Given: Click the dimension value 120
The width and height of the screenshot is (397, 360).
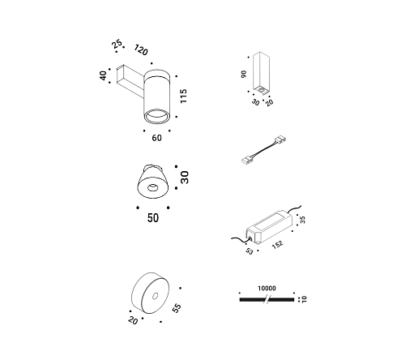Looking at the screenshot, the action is (x=141, y=49).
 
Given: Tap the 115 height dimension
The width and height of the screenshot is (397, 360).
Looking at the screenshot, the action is (x=184, y=96).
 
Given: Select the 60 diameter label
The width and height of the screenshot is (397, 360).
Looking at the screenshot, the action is (x=156, y=138).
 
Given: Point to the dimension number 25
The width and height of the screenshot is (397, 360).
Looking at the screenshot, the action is (x=117, y=44).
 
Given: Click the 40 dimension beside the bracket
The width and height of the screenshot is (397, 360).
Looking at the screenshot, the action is (x=103, y=75).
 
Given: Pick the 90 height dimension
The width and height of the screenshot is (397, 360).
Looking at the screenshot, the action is (x=244, y=74).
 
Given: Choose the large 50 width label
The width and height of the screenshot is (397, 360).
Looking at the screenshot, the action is (x=153, y=218).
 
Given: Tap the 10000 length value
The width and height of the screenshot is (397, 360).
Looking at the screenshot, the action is (x=267, y=289).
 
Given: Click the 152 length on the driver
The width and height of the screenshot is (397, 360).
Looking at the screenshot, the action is (x=277, y=244).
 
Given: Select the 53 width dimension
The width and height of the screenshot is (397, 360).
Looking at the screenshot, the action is (x=250, y=251).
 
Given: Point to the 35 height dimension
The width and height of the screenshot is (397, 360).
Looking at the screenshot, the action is (x=302, y=220).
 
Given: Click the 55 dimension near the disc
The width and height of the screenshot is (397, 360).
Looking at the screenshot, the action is (x=177, y=308).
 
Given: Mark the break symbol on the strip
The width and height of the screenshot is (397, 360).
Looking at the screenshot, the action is (x=267, y=299).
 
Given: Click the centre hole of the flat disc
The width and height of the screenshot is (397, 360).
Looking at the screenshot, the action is (x=155, y=296).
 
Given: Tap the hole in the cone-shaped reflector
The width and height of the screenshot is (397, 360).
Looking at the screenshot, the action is (x=152, y=187).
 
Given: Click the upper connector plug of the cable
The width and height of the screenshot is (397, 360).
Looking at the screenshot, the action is (x=280, y=140).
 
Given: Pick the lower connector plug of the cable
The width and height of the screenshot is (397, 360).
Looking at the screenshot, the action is (x=247, y=161).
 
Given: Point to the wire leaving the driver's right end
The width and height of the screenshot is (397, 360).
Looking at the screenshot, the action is (x=294, y=208).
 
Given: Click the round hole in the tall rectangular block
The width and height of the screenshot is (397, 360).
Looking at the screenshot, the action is (x=261, y=90).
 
